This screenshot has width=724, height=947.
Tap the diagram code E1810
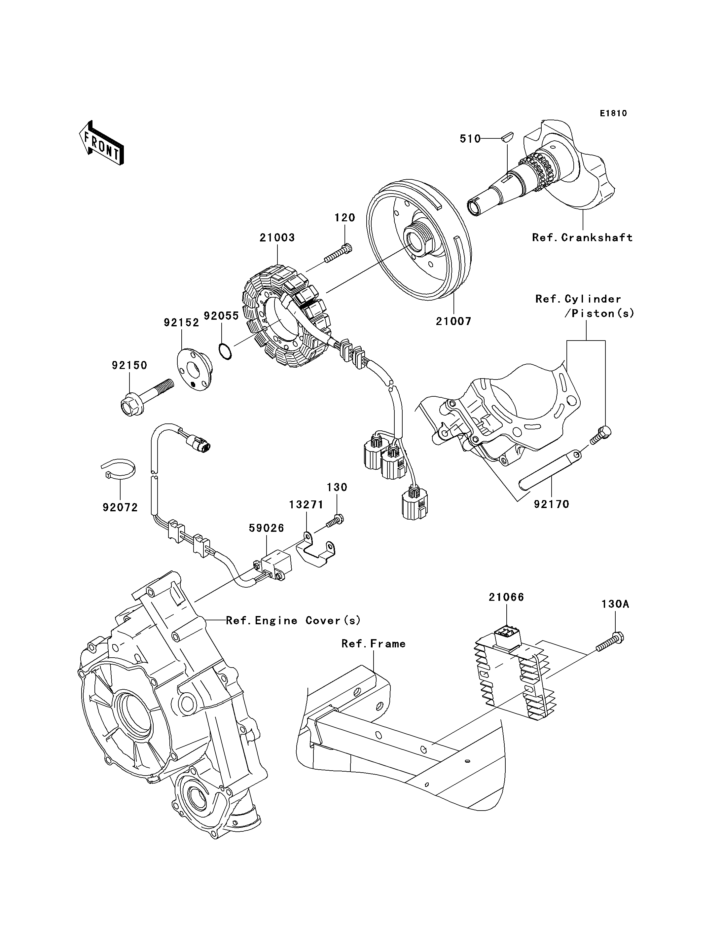pyautogui.click(x=614, y=113)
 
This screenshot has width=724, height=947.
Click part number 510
pyautogui.click(x=470, y=139)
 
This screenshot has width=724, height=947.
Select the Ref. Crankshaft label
pyautogui.click(x=583, y=237)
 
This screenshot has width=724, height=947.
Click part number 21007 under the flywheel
pyautogui.click(x=453, y=321)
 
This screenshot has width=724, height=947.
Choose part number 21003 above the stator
pyautogui.click(x=277, y=237)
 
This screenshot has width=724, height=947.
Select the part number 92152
pyautogui.click(x=181, y=323)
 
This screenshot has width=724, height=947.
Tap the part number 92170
pyautogui.click(x=552, y=504)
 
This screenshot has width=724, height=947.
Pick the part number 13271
pyautogui.click(x=306, y=505)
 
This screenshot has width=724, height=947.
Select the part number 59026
pyautogui.click(x=266, y=528)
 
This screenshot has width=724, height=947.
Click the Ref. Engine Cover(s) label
pyautogui.click(x=293, y=621)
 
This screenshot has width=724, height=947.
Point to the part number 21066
pyautogui.click(x=506, y=597)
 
